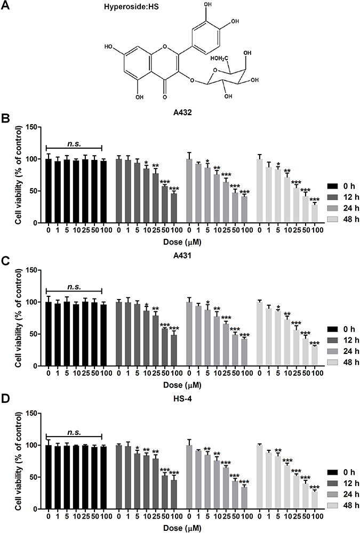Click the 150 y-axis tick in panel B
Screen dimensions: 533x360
33,127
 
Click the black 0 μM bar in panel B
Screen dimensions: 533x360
49,190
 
